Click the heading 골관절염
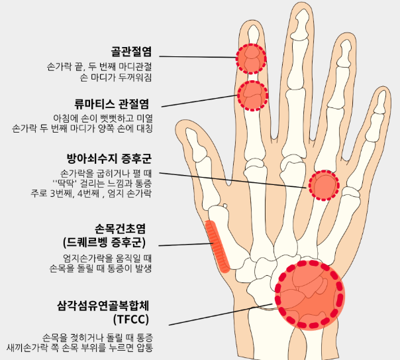[x=132, y=51]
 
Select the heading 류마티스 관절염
[x=112, y=103]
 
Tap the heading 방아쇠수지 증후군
[x=109, y=158]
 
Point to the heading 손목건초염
[x=122, y=227]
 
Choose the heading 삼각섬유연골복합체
[x=104, y=306]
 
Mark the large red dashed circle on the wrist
[x=310, y=294]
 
